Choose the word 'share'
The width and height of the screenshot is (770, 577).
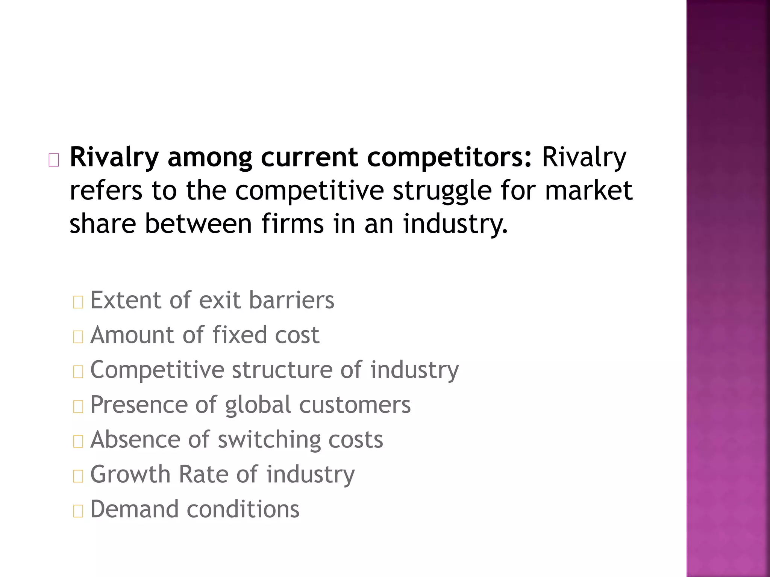coord(103,224)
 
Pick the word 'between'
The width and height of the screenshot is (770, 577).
coord(198,224)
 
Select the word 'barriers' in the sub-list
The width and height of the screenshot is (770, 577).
coord(291,300)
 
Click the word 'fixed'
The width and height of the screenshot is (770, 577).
coord(239,335)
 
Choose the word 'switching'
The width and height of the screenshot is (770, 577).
coord(269,440)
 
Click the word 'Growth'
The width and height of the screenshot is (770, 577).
coord(130,474)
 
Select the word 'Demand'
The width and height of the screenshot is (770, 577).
coord(134,509)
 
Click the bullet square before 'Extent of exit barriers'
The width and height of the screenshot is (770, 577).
coord(78,302)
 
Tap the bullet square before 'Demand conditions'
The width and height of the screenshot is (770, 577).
coord(78,511)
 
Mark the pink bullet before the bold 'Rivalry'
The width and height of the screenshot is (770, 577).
coord(54,160)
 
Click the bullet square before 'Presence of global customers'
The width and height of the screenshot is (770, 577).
coord(78,406)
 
